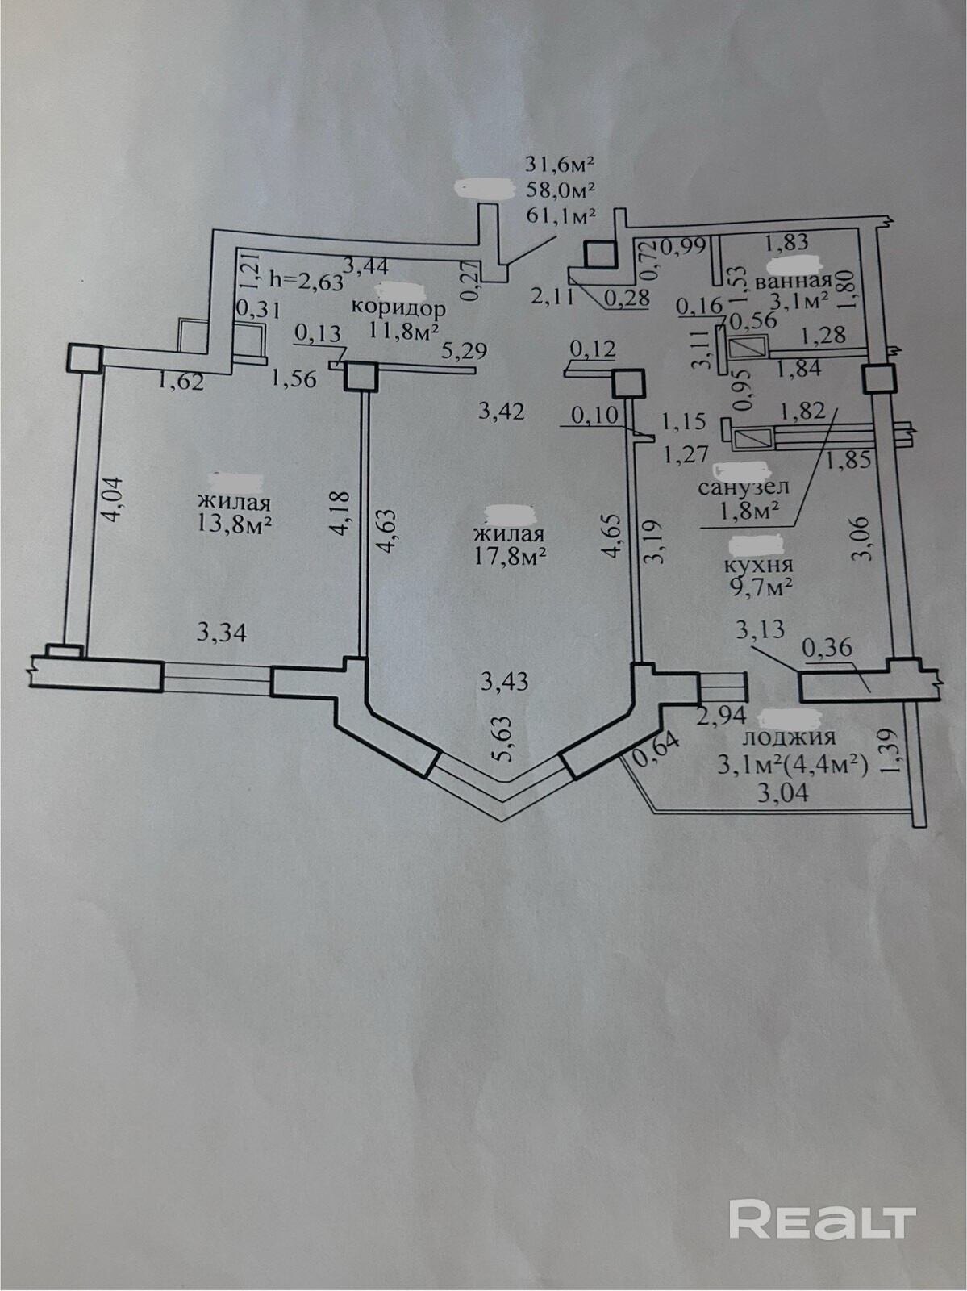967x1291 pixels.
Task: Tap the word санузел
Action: click(x=744, y=487)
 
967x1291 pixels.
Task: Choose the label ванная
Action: click(x=794, y=282)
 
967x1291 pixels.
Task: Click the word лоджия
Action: click(x=788, y=736)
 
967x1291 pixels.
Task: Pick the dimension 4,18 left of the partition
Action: click(x=344, y=508)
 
